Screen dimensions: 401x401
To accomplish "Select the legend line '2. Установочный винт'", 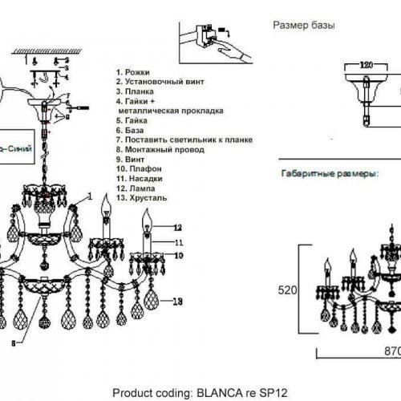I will [x=160, y=81].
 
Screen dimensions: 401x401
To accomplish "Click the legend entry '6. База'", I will [x=133, y=129].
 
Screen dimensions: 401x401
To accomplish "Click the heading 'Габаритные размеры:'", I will [x=329, y=173].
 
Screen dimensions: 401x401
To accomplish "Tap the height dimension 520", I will [x=287, y=292].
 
